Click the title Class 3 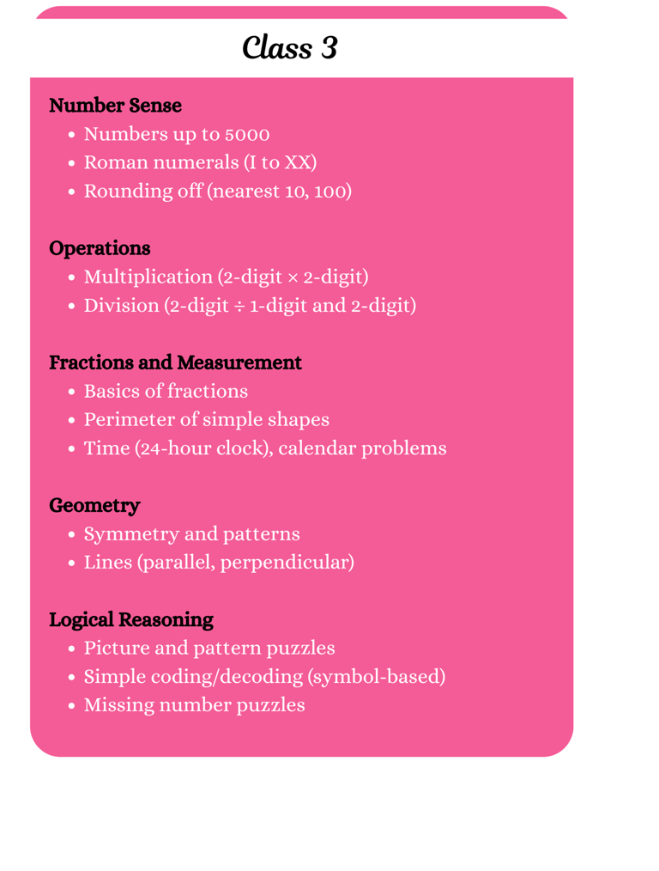[290, 47]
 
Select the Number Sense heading [115, 106]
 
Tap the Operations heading [100, 248]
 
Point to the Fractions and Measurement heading [175, 362]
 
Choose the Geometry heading [94, 505]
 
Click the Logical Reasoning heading [131, 619]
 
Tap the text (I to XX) [281, 163]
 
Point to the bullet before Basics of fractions [72, 393]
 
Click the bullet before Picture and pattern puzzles [72, 649]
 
